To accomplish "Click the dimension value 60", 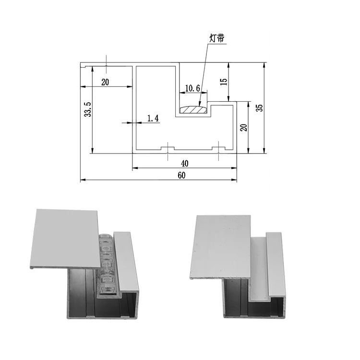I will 181,176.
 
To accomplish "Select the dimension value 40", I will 185,164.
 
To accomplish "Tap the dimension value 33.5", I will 87,109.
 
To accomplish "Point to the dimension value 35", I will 259,107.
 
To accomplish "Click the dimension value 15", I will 223,82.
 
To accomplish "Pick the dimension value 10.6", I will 192,88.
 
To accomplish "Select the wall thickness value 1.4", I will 153,118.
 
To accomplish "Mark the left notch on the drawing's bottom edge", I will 167,148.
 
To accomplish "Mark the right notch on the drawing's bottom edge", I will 218,148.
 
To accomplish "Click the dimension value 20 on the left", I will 105,82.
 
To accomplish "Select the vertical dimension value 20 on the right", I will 243,127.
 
